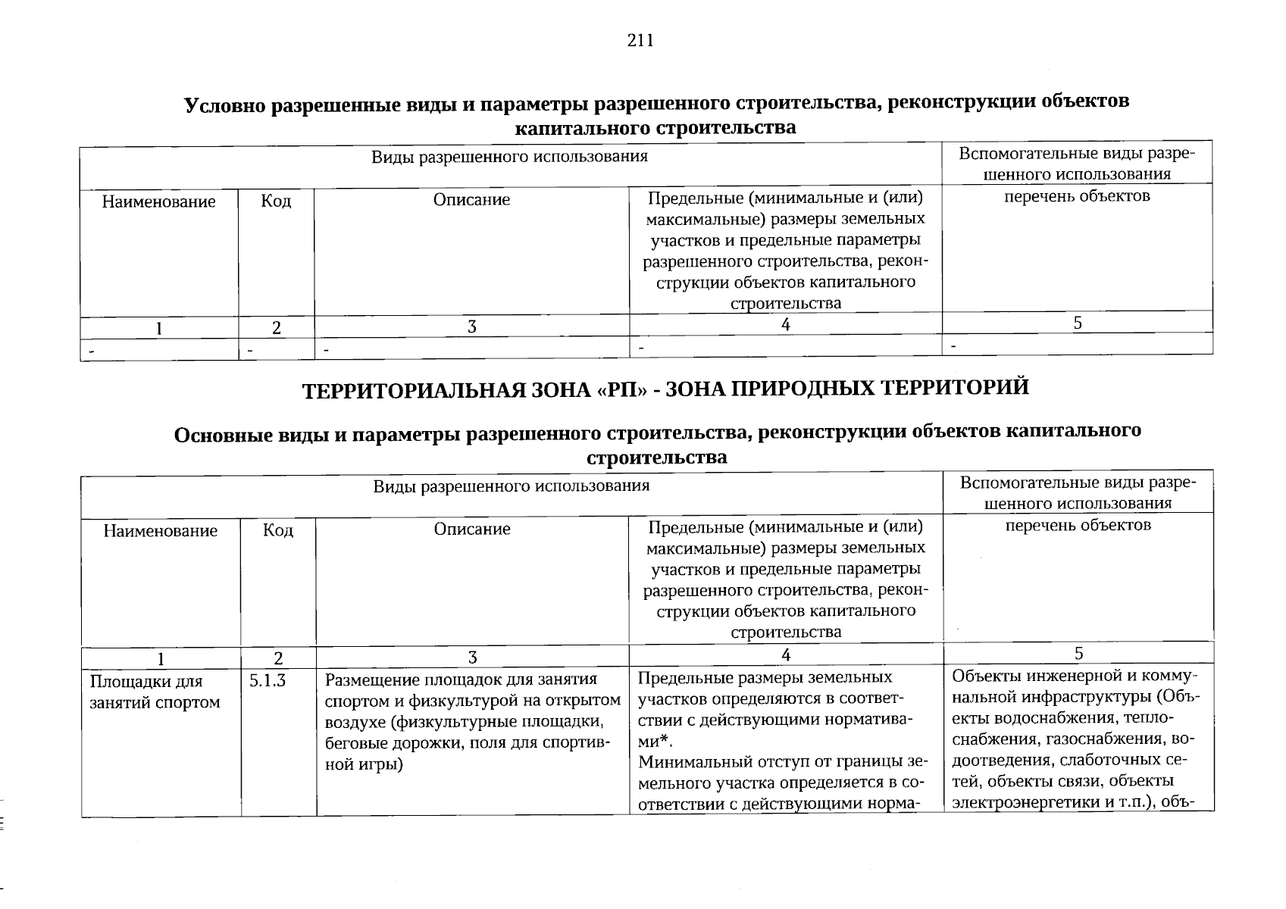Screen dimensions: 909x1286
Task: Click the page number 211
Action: [x=640, y=41]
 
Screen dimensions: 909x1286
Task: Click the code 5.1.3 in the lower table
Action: [x=268, y=680]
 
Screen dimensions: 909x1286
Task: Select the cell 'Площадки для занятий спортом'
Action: [x=155, y=692]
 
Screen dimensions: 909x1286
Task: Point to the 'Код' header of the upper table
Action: [x=276, y=201]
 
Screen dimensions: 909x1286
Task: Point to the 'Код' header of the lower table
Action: [x=277, y=530]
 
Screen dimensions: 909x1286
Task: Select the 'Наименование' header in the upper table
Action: [x=159, y=201]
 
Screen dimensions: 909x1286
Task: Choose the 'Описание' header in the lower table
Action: [x=472, y=529]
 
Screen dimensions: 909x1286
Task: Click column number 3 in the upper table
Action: [x=471, y=326]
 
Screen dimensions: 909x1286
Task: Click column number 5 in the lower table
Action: [x=1078, y=654]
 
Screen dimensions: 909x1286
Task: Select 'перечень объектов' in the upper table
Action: [x=1077, y=196]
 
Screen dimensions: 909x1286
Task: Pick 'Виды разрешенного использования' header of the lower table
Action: [x=511, y=486]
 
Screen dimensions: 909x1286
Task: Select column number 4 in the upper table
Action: [x=786, y=324]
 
